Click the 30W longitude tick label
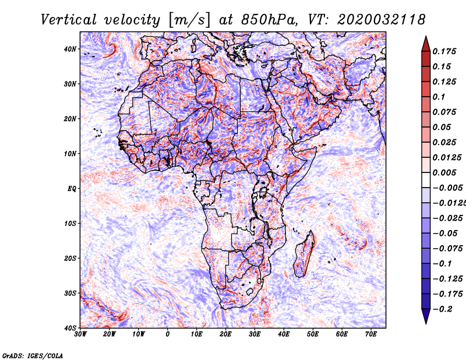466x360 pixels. tap(80, 335)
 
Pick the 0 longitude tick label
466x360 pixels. tap(168, 335)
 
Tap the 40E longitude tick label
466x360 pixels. tap(284, 335)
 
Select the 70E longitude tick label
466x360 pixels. tap(370, 335)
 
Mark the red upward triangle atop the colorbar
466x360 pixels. tap(426, 43)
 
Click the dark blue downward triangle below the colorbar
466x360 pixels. tap(426, 316)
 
